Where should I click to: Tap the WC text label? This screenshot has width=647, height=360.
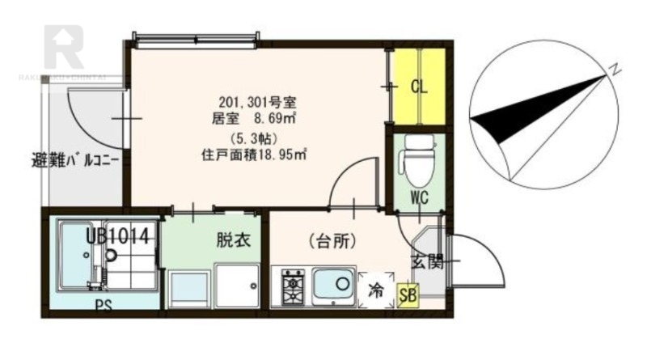pyautogui.click(x=418, y=197)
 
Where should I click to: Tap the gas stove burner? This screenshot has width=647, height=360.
pyautogui.click(x=291, y=286)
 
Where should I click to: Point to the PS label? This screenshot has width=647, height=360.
pyautogui.click(x=103, y=306)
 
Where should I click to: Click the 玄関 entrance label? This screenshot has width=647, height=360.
pyautogui.click(x=426, y=261)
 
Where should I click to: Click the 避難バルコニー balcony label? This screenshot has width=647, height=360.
pyautogui.click(x=76, y=159)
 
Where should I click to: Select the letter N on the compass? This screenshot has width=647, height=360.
pyautogui.click(x=615, y=70)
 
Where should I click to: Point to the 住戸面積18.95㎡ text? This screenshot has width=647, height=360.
pyautogui.click(x=258, y=152)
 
